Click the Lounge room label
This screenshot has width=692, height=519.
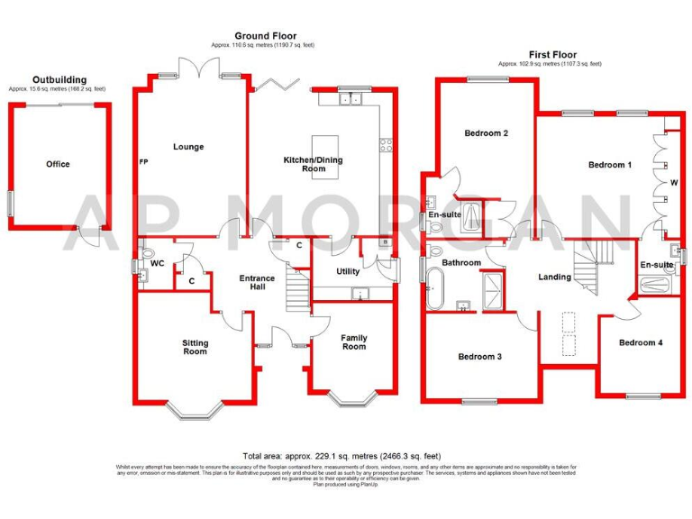(188, 147)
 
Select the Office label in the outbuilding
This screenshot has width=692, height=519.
(58, 164)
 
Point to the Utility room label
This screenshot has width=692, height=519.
(348, 271)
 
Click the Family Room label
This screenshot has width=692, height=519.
(353, 342)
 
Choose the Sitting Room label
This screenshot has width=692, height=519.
(195, 347)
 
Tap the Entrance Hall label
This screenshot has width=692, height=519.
(257, 284)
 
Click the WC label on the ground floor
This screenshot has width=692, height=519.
(157, 264)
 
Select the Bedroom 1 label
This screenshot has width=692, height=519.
(609, 165)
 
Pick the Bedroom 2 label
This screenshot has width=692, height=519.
(487, 133)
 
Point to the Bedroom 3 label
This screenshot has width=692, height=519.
(479, 357)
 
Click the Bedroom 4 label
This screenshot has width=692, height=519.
(641, 342)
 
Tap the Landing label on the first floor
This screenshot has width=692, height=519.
(554, 277)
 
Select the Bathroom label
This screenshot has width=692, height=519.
(460, 263)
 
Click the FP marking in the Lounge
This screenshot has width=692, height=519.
(143, 162)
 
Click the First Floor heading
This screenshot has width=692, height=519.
(553, 55)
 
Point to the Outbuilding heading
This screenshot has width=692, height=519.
(59, 80)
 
